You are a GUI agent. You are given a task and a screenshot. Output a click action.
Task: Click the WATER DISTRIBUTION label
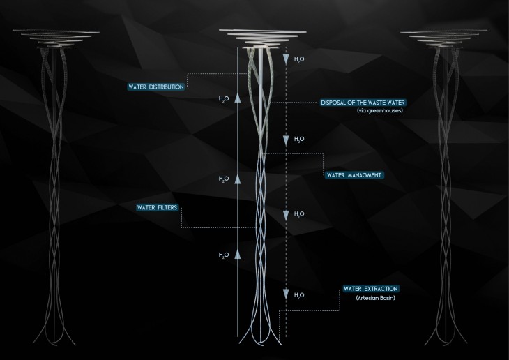156,87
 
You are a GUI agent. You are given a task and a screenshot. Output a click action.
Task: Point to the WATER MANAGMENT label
354,174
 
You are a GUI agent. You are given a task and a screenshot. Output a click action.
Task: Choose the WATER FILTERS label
158,208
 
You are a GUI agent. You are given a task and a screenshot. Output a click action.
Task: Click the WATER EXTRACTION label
370,288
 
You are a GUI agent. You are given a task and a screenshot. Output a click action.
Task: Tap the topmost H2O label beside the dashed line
299,59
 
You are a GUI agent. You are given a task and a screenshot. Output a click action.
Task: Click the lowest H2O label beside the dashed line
299,295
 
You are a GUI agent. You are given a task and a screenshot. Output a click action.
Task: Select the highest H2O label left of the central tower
223,99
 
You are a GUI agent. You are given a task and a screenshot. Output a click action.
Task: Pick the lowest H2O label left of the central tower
223,255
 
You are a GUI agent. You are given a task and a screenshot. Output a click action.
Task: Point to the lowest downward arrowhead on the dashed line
285,294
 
